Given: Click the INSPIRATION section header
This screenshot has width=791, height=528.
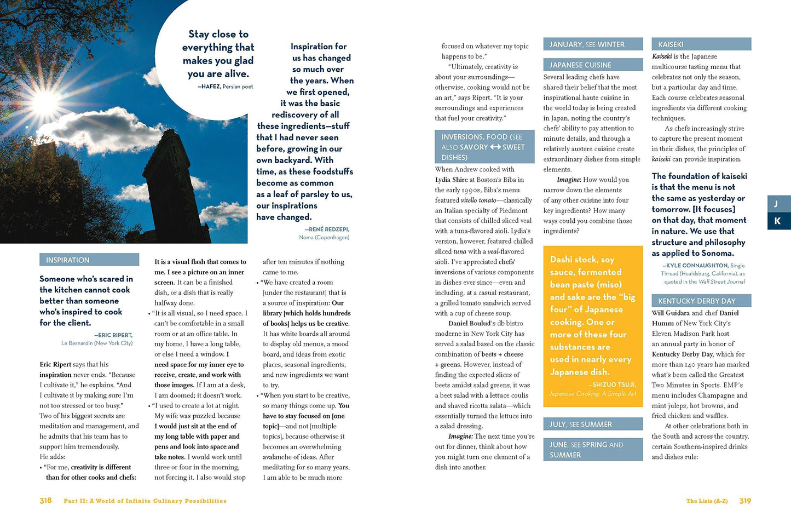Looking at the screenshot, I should [68, 260].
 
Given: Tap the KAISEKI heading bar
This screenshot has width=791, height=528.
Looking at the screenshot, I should [671, 44].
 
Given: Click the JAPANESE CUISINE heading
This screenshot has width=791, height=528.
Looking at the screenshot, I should [580, 65].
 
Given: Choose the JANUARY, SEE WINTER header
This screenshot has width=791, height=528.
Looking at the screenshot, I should [587, 44].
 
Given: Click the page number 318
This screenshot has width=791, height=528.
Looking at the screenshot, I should [45, 501].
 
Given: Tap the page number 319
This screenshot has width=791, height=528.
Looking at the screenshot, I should [745, 501].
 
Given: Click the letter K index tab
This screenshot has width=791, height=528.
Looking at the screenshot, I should [777, 221].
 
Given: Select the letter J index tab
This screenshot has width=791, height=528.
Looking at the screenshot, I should [776, 204].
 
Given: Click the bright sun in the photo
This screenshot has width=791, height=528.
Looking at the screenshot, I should [45, 102].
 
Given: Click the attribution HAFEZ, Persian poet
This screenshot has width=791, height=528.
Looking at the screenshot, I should [226, 87].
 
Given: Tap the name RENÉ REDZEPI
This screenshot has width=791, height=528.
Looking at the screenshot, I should [328, 229].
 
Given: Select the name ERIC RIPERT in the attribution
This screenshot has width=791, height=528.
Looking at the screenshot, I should [115, 335].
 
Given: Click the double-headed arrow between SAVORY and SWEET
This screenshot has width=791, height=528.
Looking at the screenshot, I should [495, 147].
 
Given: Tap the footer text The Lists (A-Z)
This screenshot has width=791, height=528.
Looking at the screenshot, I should [707, 501].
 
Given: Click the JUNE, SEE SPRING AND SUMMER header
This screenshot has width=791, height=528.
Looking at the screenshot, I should [586, 450].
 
